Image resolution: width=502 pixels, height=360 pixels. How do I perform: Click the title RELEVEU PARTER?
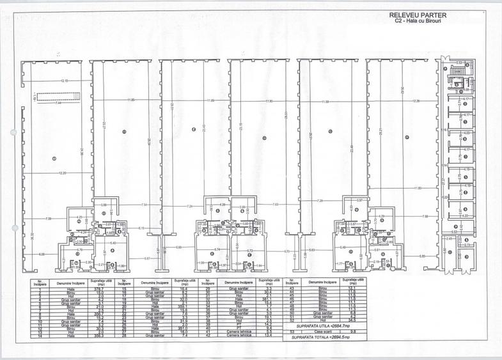click(x=416, y=15)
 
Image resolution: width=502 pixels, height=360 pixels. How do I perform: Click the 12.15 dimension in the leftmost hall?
click(x=64, y=81)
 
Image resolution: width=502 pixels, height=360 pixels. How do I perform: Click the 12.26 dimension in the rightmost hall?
click(x=416, y=101)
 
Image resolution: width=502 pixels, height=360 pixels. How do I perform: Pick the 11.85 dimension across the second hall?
click(x=130, y=100)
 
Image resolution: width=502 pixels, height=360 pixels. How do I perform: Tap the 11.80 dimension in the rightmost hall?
click(x=418, y=188)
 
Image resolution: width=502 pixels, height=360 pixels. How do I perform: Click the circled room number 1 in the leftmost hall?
click(x=54, y=158)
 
